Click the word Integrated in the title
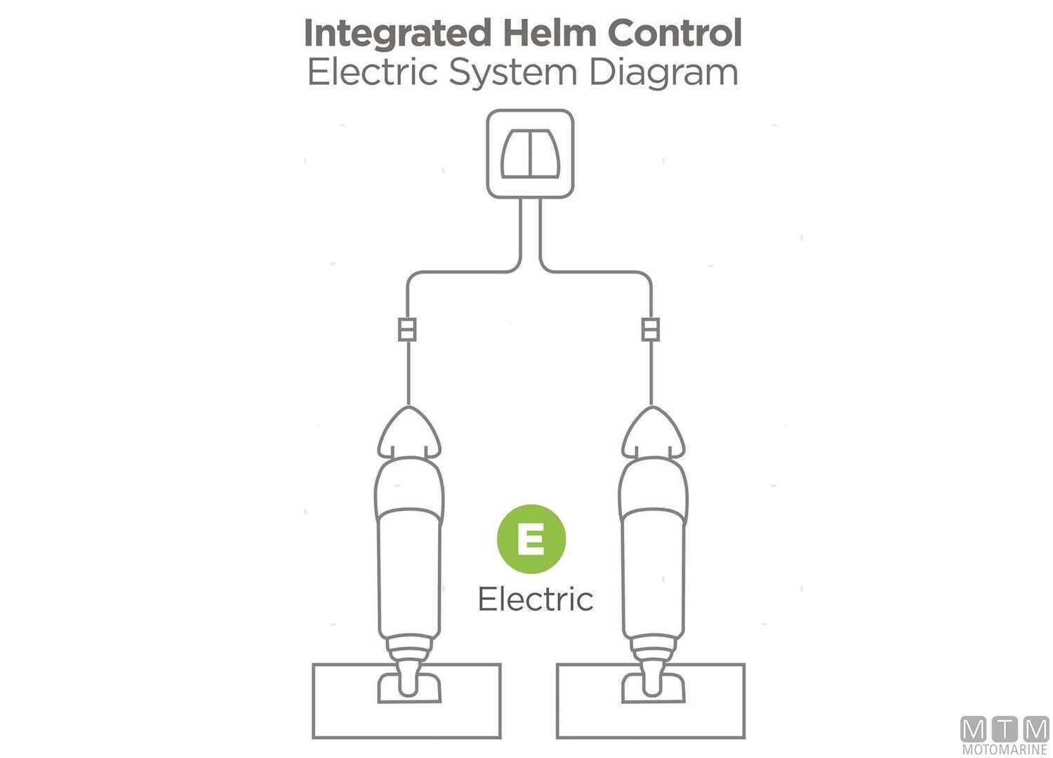(397, 34)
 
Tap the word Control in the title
(675, 33)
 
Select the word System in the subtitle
(515, 73)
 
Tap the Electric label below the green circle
(535, 599)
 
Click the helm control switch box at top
(530, 154)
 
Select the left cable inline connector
(407, 329)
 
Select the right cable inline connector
(651, 329)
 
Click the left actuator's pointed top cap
(409, 432)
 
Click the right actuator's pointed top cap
(653, 432)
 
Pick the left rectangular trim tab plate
(344, 702)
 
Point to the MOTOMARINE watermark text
(1005, 750)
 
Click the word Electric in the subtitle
(373, 73)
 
